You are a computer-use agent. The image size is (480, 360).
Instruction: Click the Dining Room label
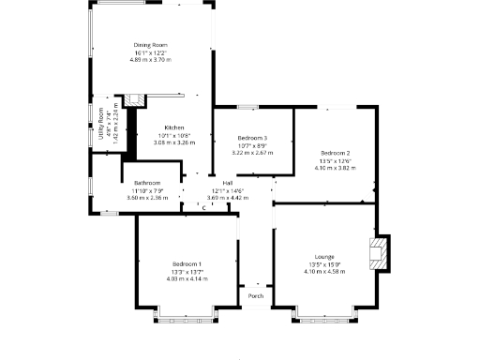tap(149, 45)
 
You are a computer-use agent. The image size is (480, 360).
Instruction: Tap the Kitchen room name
tap(174, 127)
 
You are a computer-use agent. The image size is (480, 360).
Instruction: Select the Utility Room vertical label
tap(102, 124)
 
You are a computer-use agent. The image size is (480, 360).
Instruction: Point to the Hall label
tap(227, 183)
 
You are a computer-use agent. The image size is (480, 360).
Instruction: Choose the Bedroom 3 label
tap(252, 138)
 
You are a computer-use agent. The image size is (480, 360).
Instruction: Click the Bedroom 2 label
tap(335, 153)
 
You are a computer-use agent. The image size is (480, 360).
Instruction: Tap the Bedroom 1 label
tap(187, 263)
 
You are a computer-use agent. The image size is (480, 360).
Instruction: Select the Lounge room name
tap(324, 256)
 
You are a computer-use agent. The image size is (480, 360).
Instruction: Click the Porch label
tap(255, 296)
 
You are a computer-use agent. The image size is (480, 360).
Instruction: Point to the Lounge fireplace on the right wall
tap(378, 253)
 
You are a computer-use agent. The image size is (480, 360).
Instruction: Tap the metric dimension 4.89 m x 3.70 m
tap(149, 60)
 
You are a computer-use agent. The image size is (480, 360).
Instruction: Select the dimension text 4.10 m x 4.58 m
tap(324, 271)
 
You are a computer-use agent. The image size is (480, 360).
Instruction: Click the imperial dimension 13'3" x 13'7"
tap(187, 271)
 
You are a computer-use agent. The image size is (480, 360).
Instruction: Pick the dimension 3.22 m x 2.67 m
tap(252, 153)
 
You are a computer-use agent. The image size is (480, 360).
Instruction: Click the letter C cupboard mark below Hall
tap(203, 207)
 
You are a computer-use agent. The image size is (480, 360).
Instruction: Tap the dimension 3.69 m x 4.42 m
tap(227, 198)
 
